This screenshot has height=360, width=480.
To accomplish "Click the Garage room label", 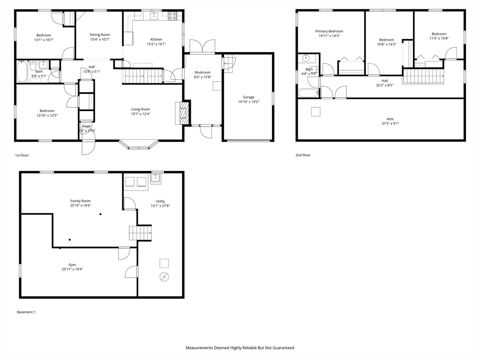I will coord(248,97).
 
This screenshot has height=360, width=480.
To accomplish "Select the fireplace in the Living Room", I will coord(183,113).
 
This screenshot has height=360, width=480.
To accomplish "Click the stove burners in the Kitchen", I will coord(172,15).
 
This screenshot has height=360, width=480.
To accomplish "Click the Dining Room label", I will coord(100,35).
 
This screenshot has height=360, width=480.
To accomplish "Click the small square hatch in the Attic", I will coord(316,111).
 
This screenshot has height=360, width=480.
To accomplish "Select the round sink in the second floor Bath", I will coord(306,58).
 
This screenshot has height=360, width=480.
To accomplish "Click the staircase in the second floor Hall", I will coord(423,76).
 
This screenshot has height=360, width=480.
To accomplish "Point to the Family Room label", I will coord(81,201).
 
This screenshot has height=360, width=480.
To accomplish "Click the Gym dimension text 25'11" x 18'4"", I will coord(72,269).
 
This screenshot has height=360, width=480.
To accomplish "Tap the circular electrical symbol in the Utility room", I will coord(164,277).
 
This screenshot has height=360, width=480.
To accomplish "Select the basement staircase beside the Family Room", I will coord(141,232).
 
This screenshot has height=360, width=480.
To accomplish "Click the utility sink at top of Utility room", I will coord(156,179).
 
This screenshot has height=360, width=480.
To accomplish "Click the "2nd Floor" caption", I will coord(303,155).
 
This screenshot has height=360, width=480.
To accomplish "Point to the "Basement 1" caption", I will coord(26,312).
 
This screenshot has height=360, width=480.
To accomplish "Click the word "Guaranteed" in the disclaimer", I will coord(280,348).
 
